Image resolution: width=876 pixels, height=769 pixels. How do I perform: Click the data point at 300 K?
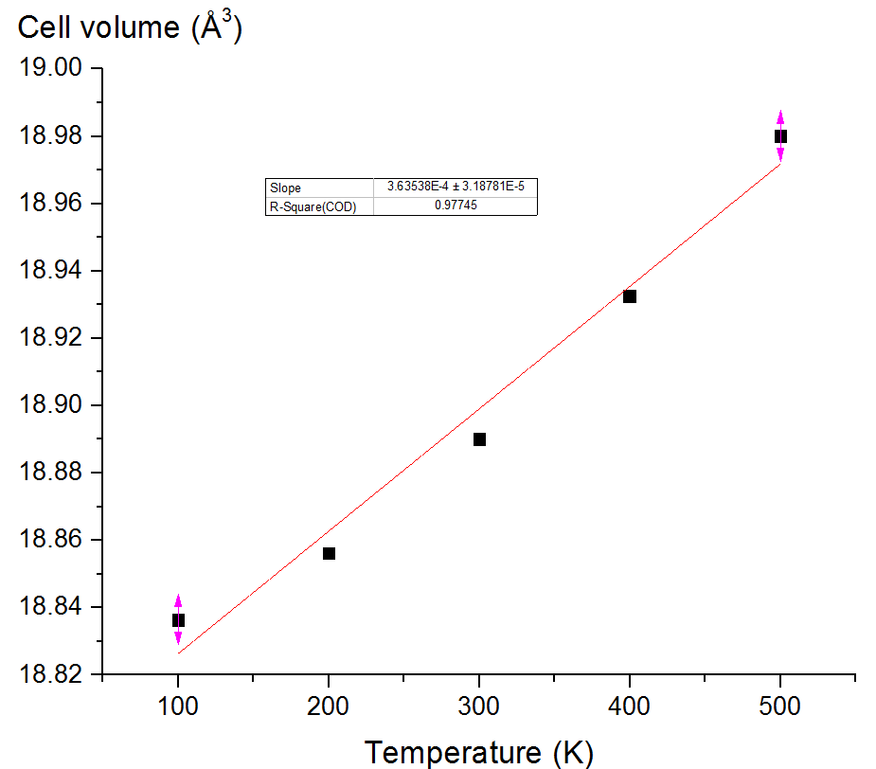coord(479,439)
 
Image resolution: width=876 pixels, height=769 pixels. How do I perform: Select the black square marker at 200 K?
coord(329,553)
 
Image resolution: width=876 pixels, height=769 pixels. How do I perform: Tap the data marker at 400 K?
coord(630,296)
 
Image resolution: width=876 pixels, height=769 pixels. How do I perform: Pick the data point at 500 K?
coord(780,136)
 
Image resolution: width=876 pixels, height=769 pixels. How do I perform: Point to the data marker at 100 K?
coord(178,620)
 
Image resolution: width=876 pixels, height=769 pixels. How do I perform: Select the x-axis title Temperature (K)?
coord(479,752)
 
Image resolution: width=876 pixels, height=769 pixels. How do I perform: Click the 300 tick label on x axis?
coord(479,706)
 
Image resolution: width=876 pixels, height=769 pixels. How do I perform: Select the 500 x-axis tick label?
coord(780,706)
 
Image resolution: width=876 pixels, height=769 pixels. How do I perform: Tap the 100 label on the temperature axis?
coord(178,706)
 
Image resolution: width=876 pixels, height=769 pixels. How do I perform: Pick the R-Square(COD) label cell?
coord(313,206)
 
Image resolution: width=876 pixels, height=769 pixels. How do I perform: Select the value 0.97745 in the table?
coord(455,206)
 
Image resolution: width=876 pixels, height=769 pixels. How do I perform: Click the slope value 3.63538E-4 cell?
coord(456,188)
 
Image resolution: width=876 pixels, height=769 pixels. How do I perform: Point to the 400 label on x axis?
coord(630,706)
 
